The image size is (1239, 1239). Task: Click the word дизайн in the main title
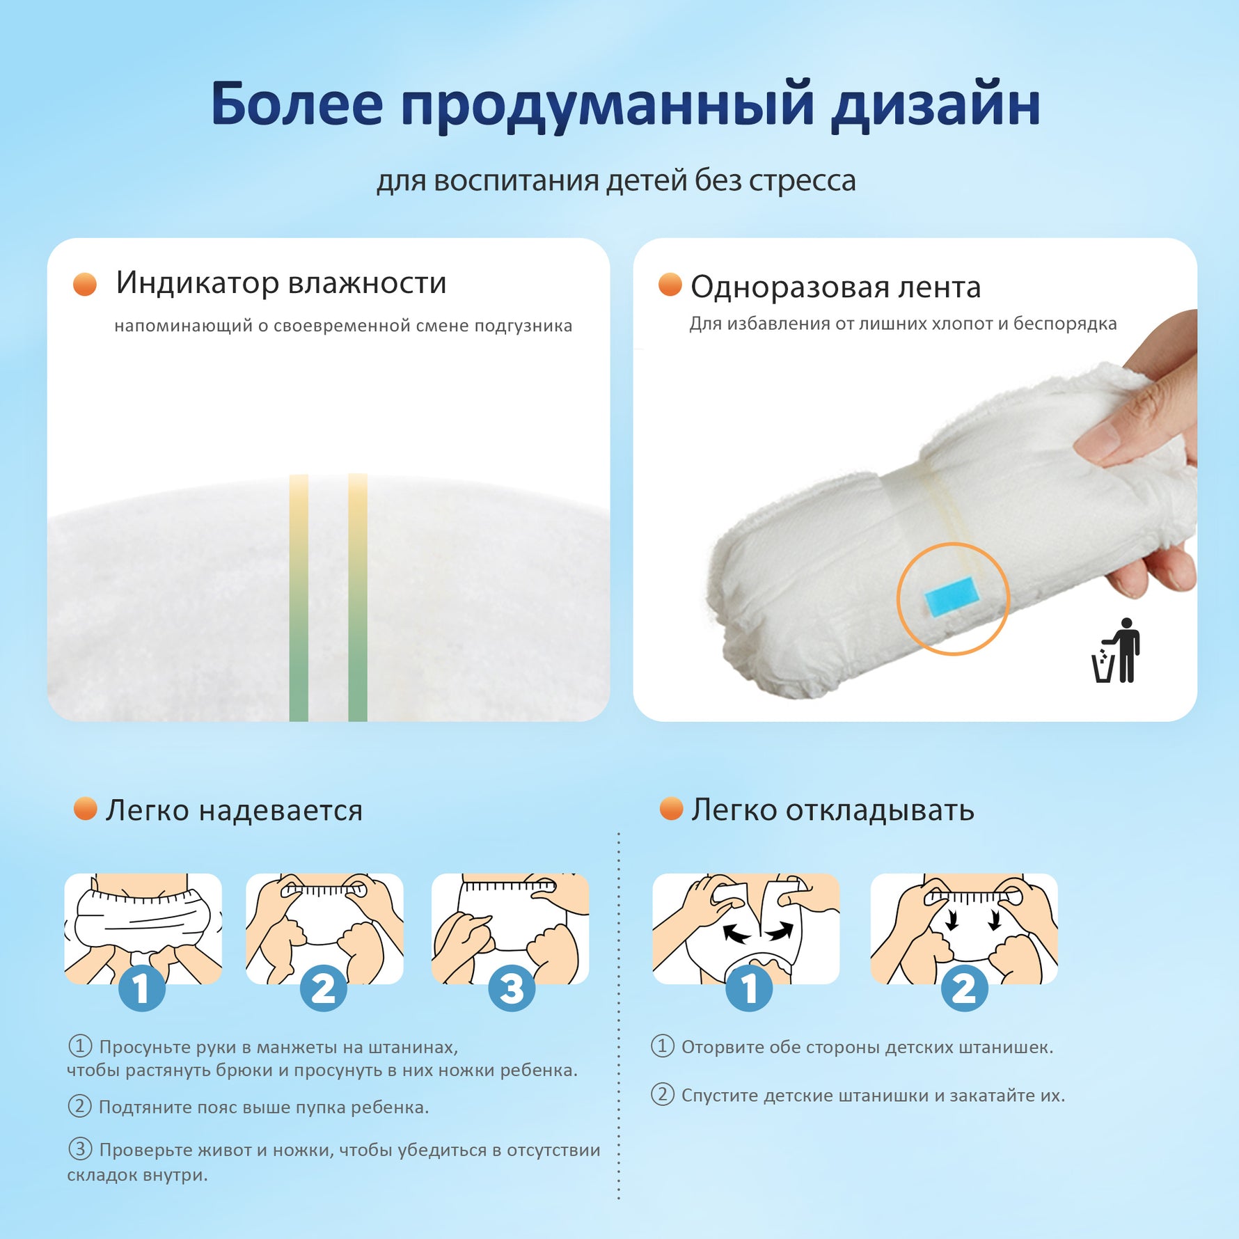[936, 104]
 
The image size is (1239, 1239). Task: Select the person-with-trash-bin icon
[1116, 650]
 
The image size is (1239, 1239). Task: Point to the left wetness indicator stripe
[299, 597]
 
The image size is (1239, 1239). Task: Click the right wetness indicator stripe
[358, 597]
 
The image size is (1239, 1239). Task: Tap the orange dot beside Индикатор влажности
[85, 285]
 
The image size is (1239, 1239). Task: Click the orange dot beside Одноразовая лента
[670, 285]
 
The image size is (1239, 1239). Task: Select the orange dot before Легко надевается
[86, 809]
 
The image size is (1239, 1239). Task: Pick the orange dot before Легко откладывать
[671, 809]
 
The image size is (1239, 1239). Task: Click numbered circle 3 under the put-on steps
[512, 988]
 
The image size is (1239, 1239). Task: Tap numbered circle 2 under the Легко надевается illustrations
[324, 988]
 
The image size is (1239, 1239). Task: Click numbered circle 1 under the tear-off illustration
[749, 988]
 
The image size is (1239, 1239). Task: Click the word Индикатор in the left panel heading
[197, 283]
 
